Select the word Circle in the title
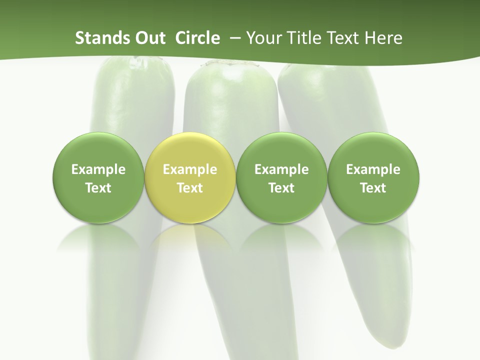(x=197, y=38)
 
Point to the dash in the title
(x=234, y=38)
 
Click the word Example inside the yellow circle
(x=190, y=170)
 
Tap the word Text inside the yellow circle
(x=190, y=188)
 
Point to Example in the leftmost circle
(x=98, y=170)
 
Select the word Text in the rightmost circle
(x=373, y=188)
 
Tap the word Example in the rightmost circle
(x=373, y=170)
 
